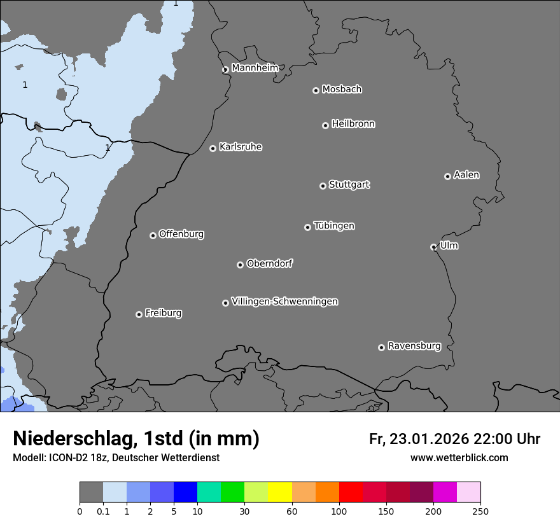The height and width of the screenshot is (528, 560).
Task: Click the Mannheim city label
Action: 255,67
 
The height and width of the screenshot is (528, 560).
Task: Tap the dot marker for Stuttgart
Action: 323,186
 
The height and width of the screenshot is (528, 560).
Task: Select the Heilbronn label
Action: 353,123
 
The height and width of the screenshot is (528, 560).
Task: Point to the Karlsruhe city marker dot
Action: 213,148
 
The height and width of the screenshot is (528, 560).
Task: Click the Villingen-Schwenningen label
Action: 284,301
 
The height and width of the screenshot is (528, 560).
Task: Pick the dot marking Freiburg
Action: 139,314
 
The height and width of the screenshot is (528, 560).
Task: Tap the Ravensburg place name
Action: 414,346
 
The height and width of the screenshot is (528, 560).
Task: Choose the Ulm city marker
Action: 433,247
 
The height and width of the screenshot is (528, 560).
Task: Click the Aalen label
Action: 466,174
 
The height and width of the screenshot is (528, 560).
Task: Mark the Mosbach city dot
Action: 316,90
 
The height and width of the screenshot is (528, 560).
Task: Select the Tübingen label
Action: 334,226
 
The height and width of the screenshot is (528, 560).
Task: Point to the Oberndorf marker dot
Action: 240,265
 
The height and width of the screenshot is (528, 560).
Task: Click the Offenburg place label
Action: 181,233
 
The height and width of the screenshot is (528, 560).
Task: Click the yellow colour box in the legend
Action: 280,492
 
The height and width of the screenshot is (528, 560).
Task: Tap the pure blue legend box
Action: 185,492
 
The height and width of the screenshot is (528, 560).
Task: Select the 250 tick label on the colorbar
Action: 480,511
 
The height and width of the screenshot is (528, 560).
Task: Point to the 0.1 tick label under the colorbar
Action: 103,511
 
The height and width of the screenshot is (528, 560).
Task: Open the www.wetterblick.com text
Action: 459,457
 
